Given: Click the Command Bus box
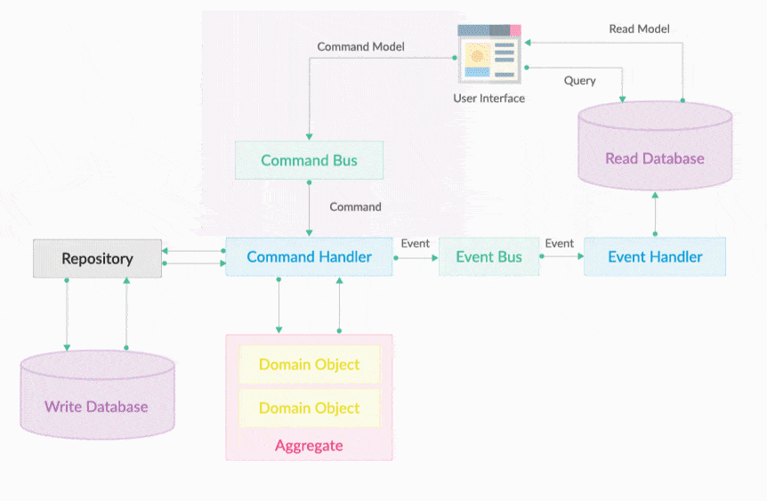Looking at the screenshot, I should click(309, 160).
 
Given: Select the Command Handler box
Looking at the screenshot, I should click(309, 257).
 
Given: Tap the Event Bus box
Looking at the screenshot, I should click(488, 257).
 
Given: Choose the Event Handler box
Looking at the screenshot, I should click(655, 257).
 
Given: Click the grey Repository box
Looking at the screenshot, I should click(97, 259).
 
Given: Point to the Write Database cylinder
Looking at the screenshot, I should click(96, 395).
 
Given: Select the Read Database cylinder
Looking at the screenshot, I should click(655, 147).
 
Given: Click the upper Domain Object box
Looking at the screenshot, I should click(309, 365).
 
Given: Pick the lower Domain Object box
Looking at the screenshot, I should click(309, 408).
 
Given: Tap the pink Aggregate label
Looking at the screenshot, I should click(309, 445).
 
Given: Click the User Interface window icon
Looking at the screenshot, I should click(488, 54).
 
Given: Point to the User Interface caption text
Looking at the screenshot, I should click(488, 98).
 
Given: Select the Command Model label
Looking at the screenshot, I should click(361, 46).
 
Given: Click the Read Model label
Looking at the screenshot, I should click(639, 28).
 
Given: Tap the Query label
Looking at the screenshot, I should click(580, 80).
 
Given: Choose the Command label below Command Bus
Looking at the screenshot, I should click(355, 206).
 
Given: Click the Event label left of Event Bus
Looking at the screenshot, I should click(416, 243).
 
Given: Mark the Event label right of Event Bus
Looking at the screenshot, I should click(560, 243).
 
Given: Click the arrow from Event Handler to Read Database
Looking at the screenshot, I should click(655, 213).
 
